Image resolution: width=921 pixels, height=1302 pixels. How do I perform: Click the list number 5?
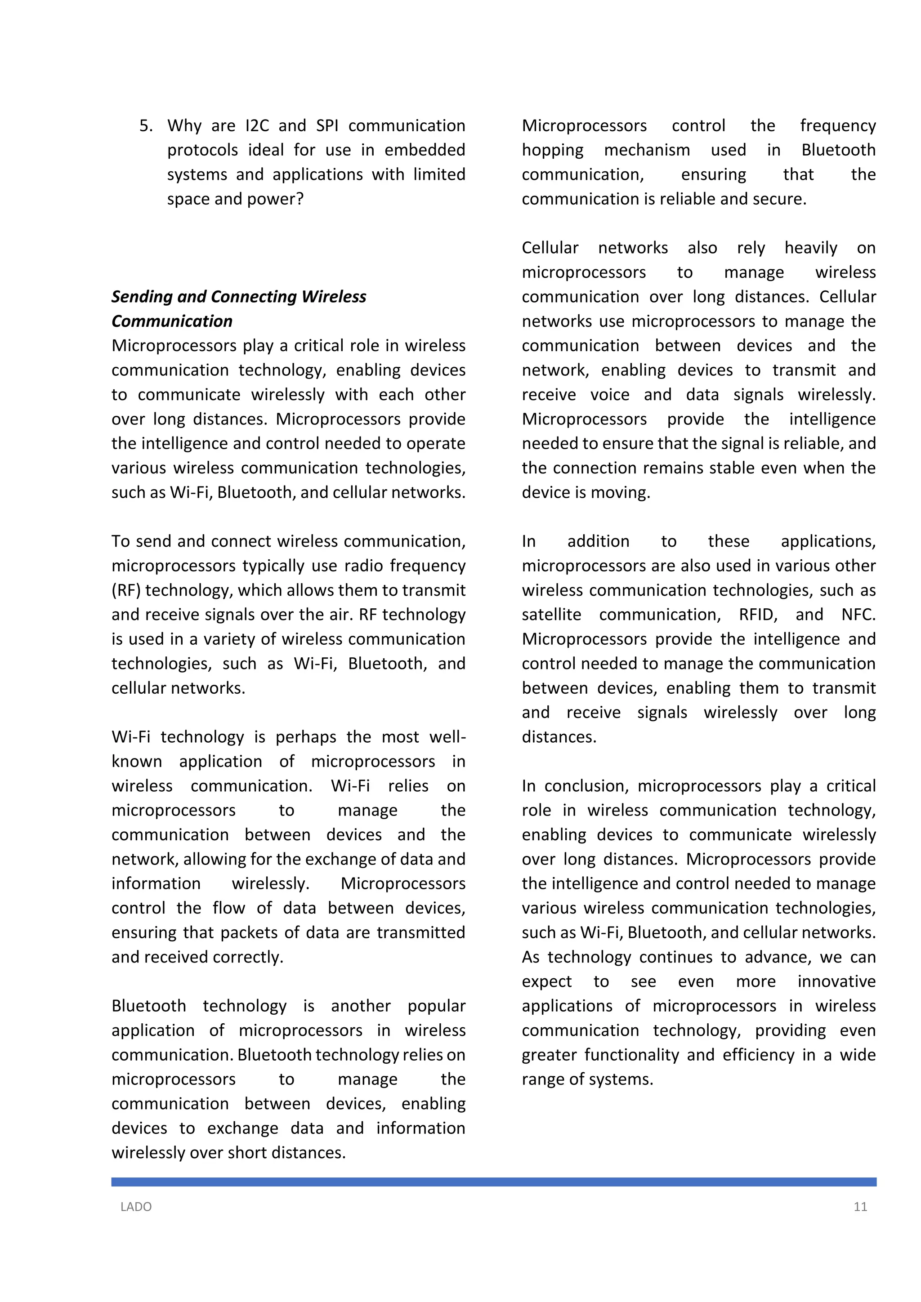(x=145, y=126)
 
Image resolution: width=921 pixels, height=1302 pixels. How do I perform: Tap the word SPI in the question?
(x=327, y=126)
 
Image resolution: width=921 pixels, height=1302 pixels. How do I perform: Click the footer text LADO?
(x=136, y=1207)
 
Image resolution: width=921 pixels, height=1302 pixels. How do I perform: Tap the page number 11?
(x=860, y=1207)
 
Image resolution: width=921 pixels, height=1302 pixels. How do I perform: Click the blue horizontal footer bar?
(x=493, y=1182)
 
